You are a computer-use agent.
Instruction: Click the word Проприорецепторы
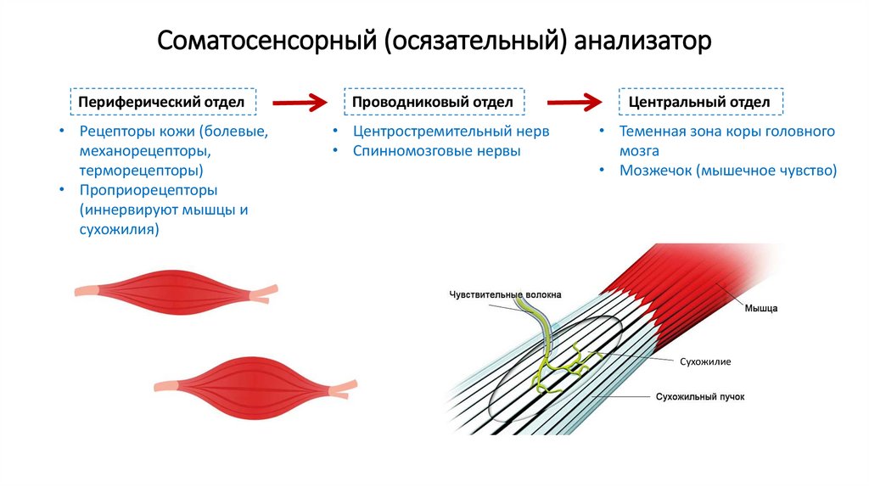[149, 190]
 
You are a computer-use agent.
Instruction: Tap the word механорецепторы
[145, 151]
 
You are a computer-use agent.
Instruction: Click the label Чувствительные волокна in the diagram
[506, 294]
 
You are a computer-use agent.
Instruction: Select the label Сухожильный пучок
[700, 396]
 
